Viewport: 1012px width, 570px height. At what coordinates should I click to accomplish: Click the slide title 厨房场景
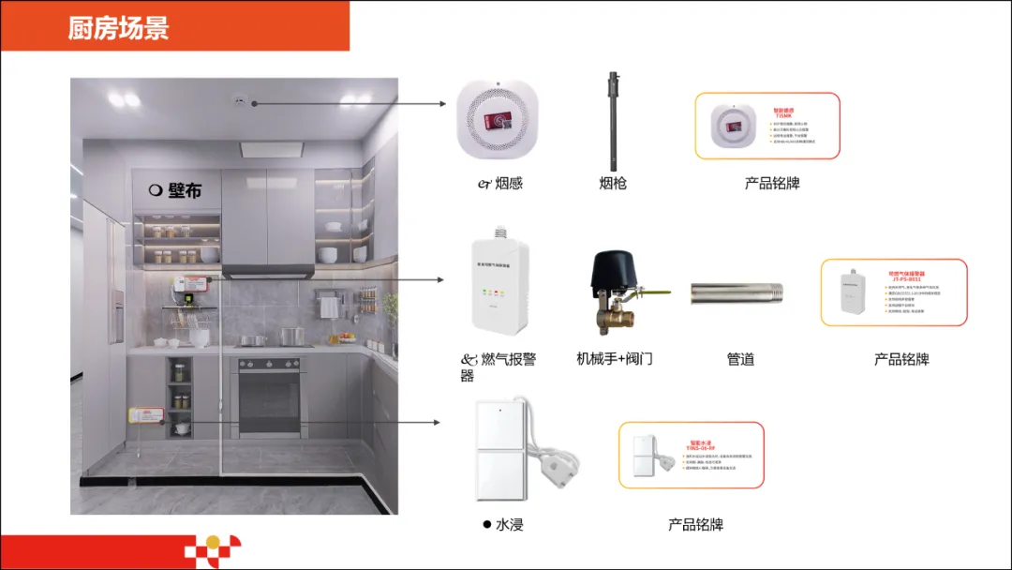tap(118, 27)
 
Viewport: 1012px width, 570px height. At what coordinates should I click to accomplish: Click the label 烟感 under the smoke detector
tap(507, 183)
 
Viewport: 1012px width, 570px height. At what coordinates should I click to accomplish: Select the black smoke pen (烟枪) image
tap(615, 117)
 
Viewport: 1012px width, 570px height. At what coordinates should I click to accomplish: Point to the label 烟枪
tap(613, 183)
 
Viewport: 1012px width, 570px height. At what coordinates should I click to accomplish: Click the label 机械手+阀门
tap(615, 359)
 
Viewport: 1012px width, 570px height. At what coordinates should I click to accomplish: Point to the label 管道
tap(740, 359)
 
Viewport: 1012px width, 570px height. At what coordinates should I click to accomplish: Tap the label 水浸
tap(509, 525)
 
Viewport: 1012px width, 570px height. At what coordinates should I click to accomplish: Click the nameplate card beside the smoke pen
tap(767, 126)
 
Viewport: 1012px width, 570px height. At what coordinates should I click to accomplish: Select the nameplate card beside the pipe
tap(894, 292)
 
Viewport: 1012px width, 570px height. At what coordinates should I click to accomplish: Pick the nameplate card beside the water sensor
tap(692, 455)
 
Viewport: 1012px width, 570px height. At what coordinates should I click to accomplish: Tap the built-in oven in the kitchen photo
tap(269, 395)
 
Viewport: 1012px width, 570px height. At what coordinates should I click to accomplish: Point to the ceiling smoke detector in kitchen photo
tap(240, 101)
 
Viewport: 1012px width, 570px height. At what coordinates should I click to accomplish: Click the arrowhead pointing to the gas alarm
tap(443, 279)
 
